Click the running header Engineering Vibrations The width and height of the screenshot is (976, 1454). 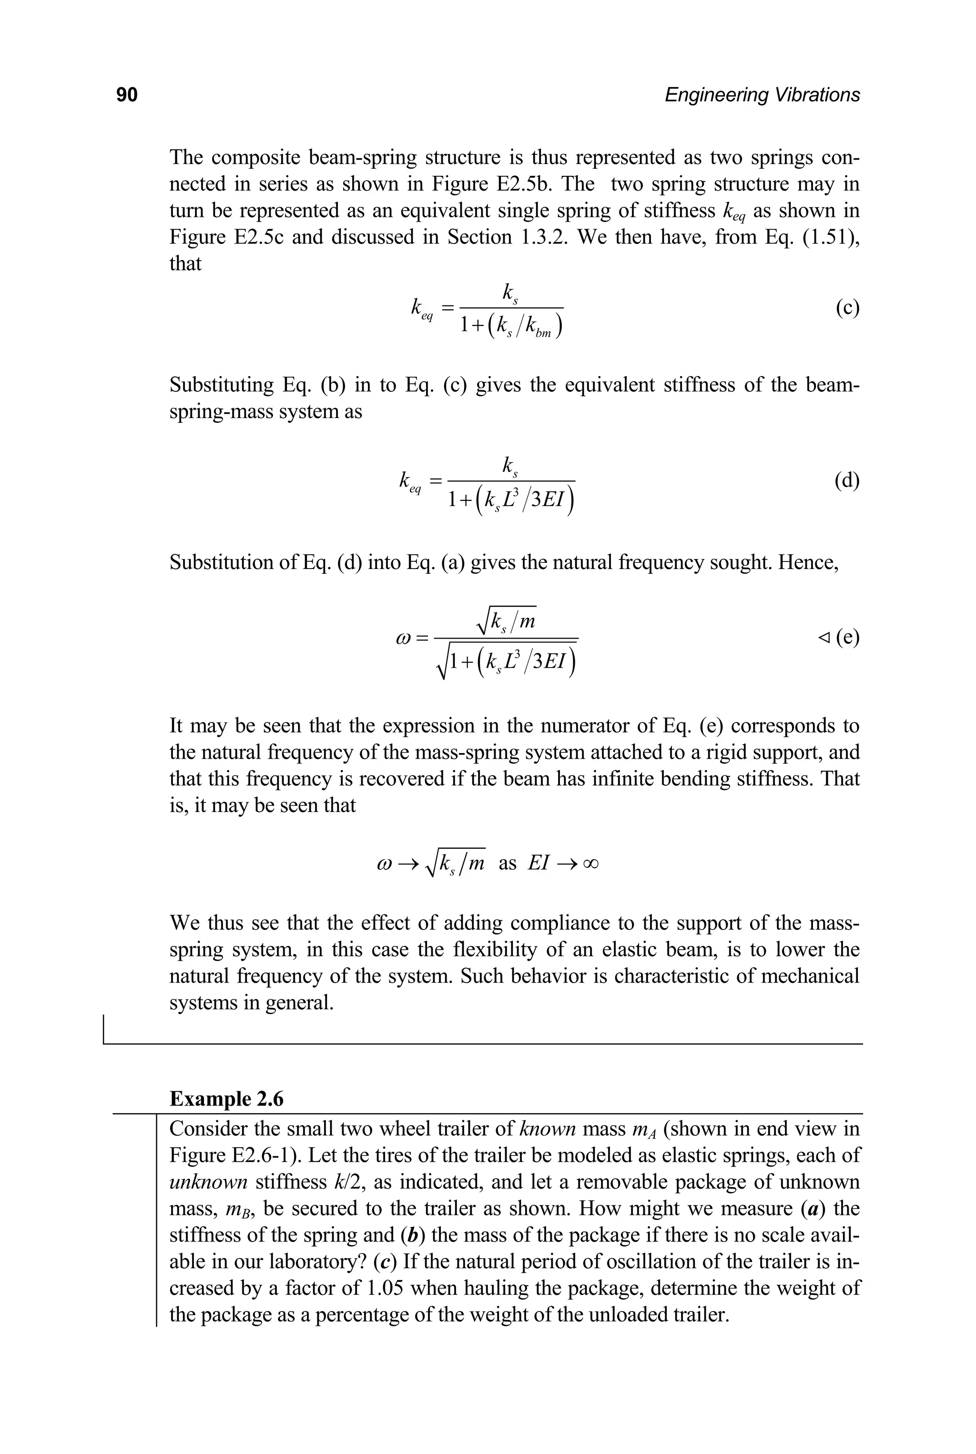coord(762,95)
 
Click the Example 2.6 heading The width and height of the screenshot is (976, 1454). coord(226,1098)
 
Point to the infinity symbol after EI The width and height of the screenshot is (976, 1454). coord(591,864)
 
